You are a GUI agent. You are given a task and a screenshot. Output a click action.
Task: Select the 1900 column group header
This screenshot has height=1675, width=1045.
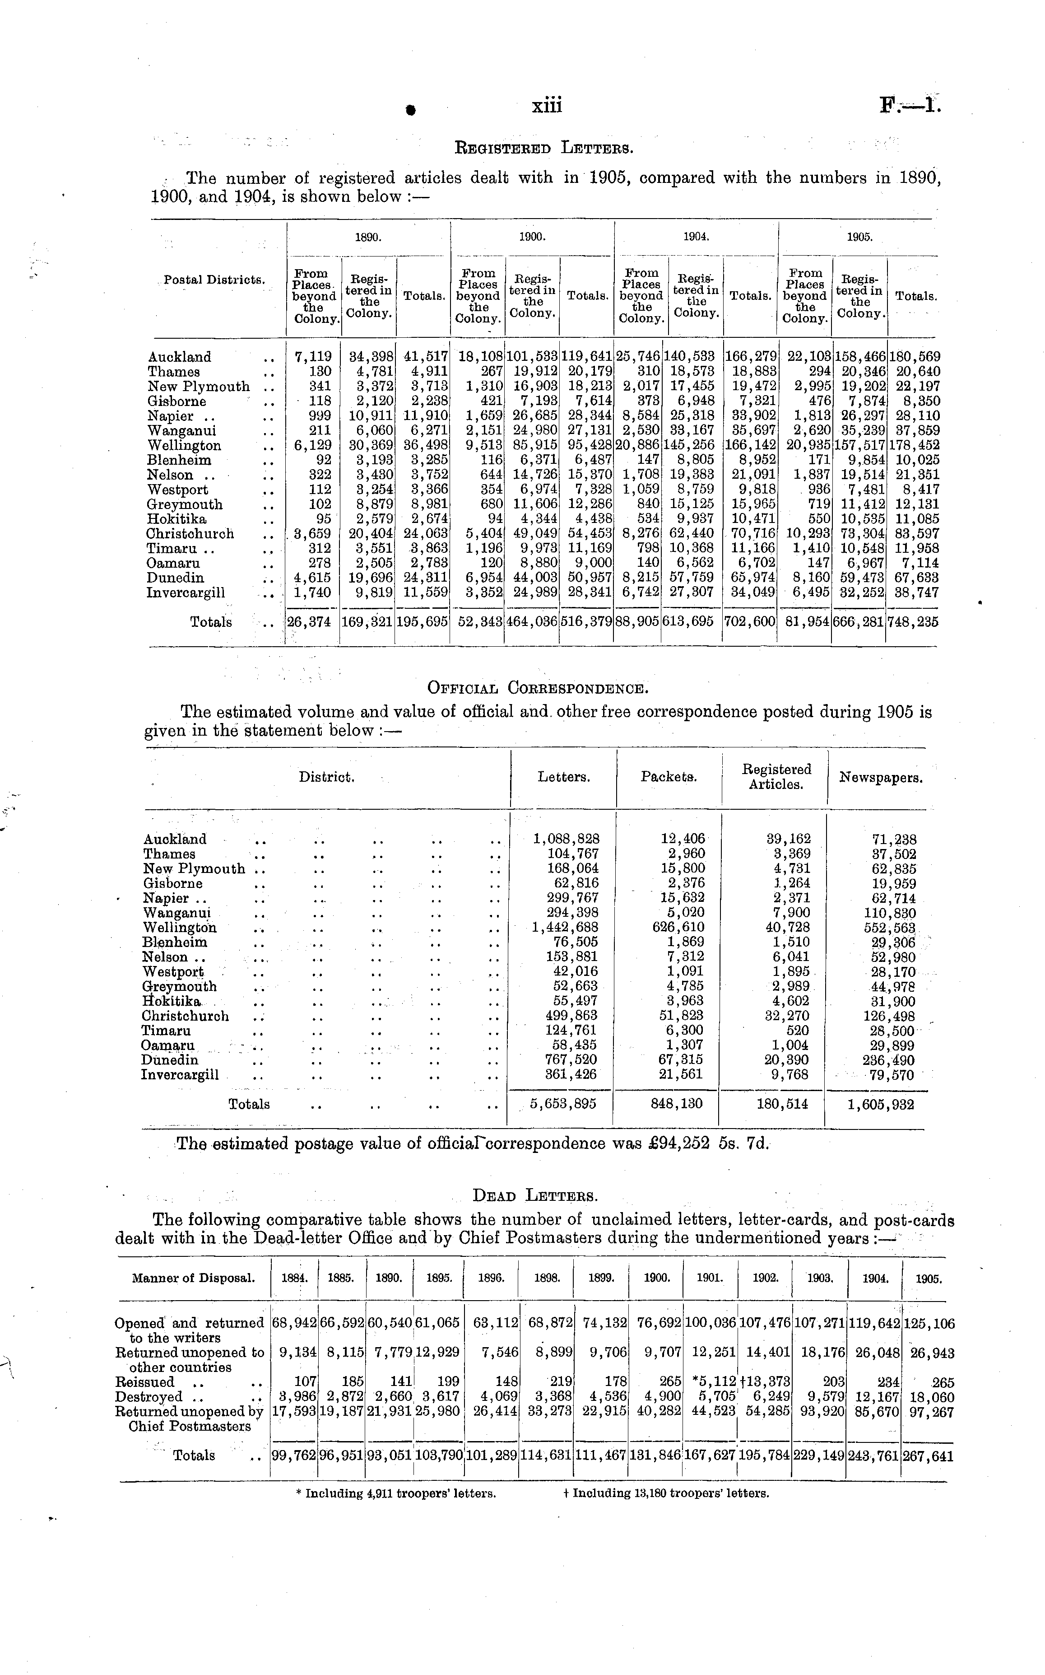532,237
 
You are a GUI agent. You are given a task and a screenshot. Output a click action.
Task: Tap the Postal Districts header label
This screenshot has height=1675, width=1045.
215,280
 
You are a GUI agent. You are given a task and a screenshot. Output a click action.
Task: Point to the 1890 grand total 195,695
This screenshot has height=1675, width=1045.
422,621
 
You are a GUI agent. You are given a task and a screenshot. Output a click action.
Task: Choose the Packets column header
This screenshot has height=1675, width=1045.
669,777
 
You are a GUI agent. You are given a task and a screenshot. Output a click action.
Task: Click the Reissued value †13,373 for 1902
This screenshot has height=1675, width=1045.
764,1382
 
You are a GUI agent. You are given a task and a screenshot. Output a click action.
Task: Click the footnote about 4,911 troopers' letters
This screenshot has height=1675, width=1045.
396,1493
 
